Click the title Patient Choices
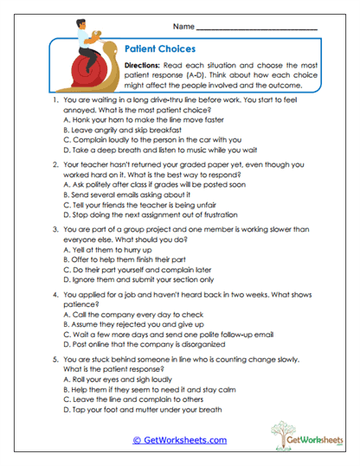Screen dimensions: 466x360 pos(160,50)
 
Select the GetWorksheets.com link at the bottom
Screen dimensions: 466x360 pos(179,440)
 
